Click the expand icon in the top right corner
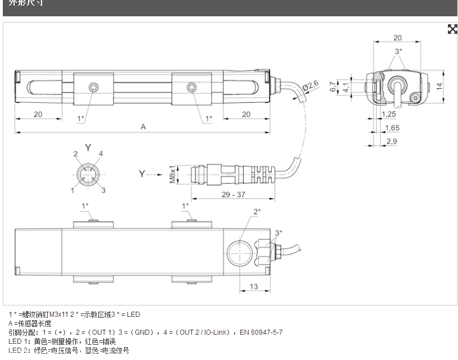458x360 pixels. click(452, 29)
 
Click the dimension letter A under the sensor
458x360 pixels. click(143, 127)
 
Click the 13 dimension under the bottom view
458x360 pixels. click(254, 286)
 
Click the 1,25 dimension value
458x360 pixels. click(388, 114)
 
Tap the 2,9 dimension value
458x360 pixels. click(391, 142)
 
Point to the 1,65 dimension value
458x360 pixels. click(392, 128)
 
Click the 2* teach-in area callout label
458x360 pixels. click(257, 212)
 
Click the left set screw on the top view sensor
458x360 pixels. click(94, 87)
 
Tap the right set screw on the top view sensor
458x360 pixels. click(193, 87)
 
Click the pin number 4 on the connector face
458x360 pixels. click(101, 153)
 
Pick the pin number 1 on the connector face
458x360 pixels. click(73, 190)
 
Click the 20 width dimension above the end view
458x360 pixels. click(397, 38)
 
